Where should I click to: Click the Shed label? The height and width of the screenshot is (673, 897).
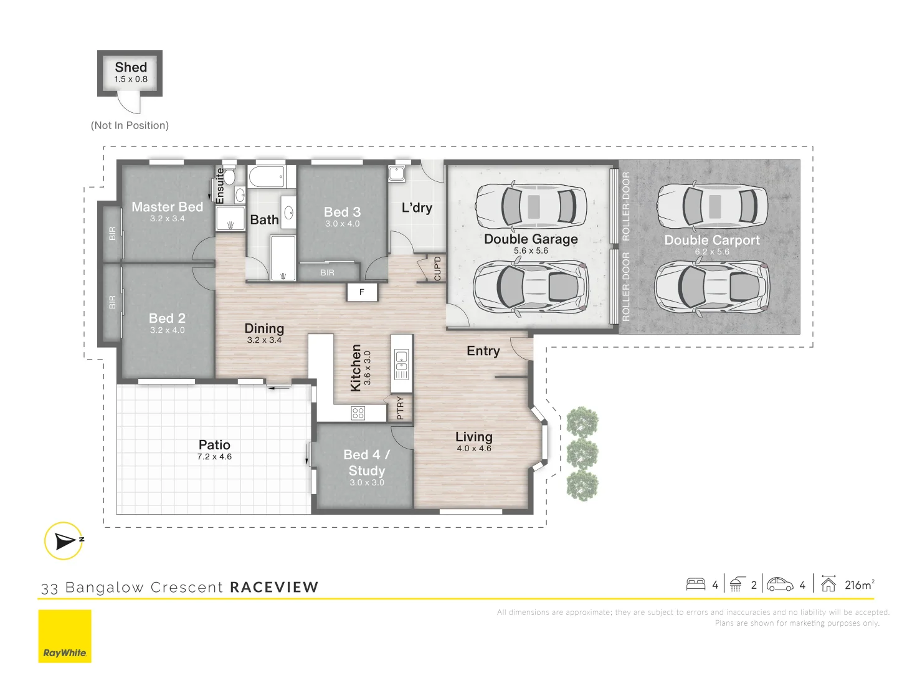click(131, 67)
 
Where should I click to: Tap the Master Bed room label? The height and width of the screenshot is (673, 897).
click(167, 207)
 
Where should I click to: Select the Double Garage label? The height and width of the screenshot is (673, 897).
click(531, 239)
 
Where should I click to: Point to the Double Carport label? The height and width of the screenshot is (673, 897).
click(712, 240)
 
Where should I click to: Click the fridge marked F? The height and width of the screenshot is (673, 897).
click(362, 292)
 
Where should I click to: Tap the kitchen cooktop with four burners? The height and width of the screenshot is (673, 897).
click(358, 414)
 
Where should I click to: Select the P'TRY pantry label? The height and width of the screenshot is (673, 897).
click(401, 408)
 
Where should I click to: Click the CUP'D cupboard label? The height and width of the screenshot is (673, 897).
click(437, 269)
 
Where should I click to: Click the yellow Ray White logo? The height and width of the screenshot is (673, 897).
click(65, 636)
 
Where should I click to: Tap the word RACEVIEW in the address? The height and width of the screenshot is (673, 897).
click(274, 587)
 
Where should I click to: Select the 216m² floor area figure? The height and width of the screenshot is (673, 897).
click(860, 585)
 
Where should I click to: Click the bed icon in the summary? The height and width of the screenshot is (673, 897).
click(696, 585)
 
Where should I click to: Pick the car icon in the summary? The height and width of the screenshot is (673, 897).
click(780, 585)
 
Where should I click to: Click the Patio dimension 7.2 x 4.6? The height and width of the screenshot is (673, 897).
click(214, 457)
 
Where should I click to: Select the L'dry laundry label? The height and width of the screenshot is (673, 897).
click(417, 208)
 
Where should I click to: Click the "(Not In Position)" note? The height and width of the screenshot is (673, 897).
click(130, 125)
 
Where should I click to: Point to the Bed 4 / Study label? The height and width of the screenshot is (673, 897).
click(366, 462)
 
